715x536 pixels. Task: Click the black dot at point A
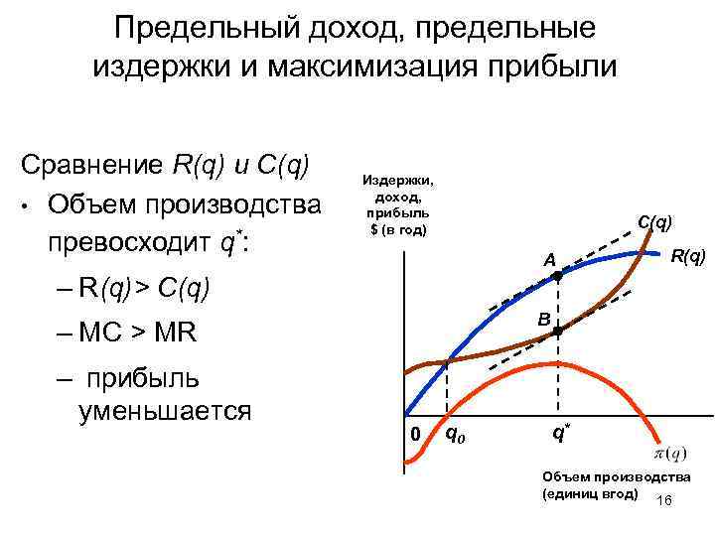click(557, 278)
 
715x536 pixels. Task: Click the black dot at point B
click(558, 331)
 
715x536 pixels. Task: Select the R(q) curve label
click(688, 258)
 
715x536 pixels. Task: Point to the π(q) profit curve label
click(668, 454)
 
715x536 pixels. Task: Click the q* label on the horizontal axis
click(562, 434)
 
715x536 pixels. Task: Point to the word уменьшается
click(164, 410)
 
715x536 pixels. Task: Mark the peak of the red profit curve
click(541, 367)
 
